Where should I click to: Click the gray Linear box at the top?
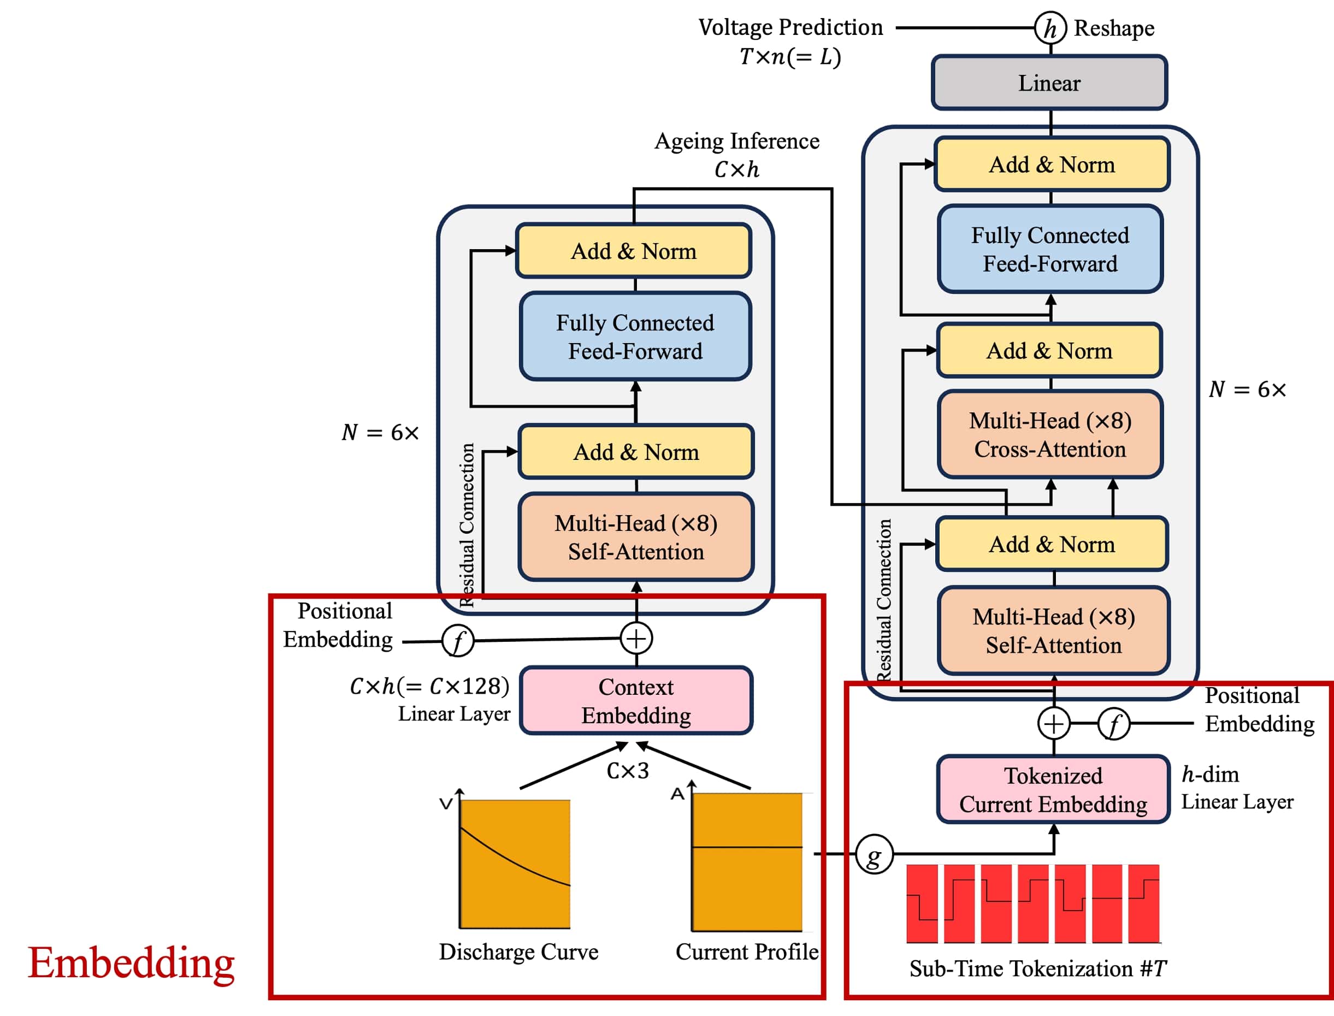pos(1049,83)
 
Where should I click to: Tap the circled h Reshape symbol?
pos(1050,28)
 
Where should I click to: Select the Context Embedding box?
pos(636,701)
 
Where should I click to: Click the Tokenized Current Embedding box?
pos(1053,790)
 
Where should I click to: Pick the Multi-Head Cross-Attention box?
pos(1050,435)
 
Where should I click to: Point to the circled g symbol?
pos(875,854)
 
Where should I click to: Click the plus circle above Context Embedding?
pos(636,639)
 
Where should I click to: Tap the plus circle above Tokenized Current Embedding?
pos(1053,724)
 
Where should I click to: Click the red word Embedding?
pos(131,963)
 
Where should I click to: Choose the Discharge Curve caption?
pos(518,952)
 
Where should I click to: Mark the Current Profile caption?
pos(747,952)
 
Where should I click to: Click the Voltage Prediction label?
pos(790,28)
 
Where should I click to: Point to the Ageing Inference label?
pos(736,141)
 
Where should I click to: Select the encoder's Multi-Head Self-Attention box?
pos(636,537)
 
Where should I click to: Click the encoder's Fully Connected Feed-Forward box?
pos(635,337)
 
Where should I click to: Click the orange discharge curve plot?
pos(515,864)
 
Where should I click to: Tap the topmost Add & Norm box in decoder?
pos(1052,164)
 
